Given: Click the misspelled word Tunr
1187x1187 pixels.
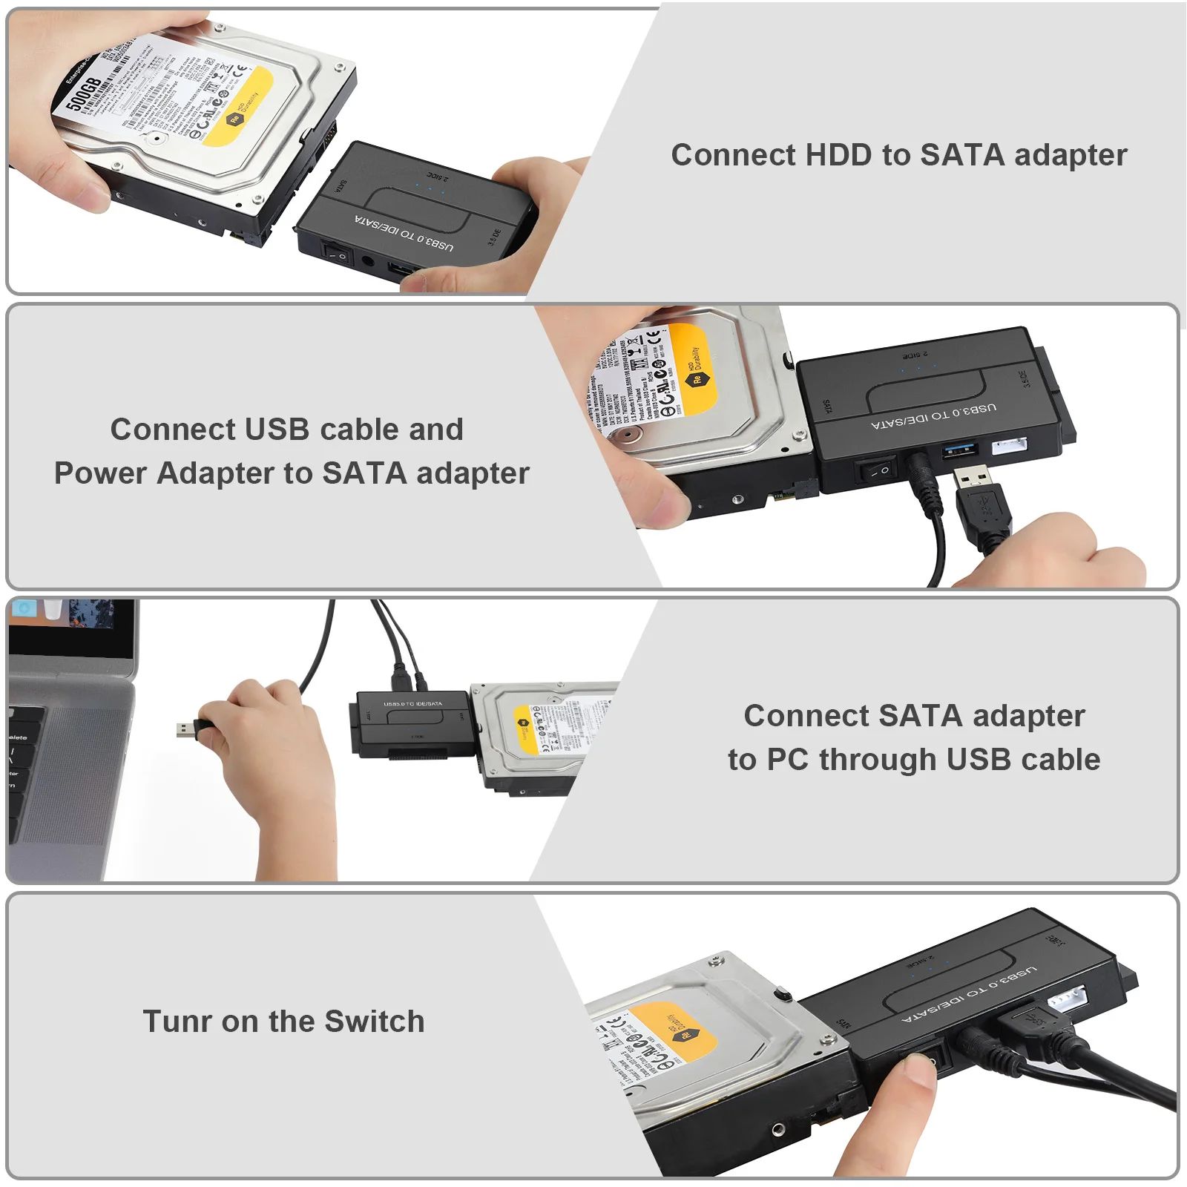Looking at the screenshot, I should coord(177,1022).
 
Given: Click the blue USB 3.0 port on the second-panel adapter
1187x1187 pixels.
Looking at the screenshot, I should coord(963,450).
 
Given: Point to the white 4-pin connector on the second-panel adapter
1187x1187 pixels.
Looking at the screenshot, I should coord(1009,446).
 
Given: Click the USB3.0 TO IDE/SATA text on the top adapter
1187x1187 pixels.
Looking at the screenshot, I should coord(404,232).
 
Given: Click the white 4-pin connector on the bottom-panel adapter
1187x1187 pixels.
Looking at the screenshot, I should coord(1066,1000).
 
